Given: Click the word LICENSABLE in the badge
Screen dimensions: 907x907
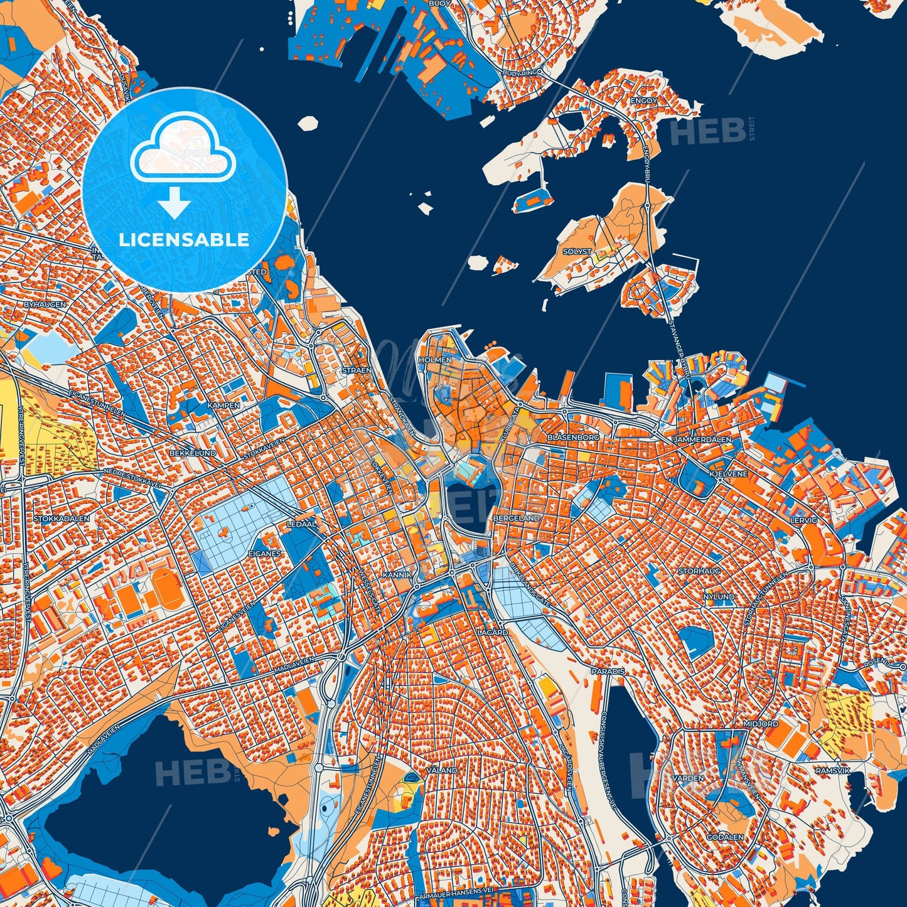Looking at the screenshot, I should coord(185,240).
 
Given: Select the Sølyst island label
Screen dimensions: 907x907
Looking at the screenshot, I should coord(577,251).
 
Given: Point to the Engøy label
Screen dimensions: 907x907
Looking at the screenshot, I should coord(645,100).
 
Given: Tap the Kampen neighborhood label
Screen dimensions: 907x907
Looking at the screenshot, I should coord(223,405).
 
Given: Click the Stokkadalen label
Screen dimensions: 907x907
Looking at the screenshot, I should coord(62,519).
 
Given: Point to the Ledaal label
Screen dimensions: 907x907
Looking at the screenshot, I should coord(301,523).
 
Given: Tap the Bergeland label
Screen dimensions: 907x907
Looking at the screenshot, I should coord(517,518).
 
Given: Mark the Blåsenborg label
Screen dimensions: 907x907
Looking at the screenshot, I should coord(573,436).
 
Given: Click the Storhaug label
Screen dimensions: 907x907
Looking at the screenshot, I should coord(699,571).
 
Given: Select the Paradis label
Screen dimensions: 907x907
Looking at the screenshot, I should coord(608,671).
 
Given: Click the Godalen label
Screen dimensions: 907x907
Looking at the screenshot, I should coord(725,837).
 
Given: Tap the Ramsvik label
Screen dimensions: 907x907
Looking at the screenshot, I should coord(832,770).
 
